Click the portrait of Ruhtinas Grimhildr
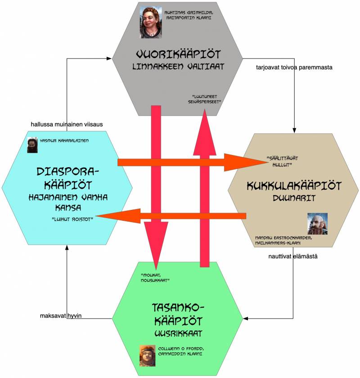tap(151, 22)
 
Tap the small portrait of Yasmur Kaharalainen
tap(32, 145)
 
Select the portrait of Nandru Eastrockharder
tap(317, 224)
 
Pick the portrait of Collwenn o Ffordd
tap(147, 355)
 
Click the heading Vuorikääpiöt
tap(179, 54)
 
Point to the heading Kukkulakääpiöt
tap(294, 186)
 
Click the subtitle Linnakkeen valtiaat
tap(179, 66)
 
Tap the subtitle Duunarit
tap(294, 198)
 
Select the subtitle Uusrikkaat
tap(179, 333)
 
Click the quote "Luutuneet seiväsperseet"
tap(204, 99)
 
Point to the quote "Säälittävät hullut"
tap(282, 162)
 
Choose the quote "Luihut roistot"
tap(72, 219)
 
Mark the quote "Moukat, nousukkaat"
tap(155, 278)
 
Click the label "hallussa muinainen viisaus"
tap(67, 124)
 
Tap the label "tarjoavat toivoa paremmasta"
tap(294, 67)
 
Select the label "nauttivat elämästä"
tap(293, 256)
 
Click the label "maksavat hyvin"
tap(61, 315)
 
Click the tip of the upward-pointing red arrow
tap(205, 109)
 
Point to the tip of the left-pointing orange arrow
tap(95, 216)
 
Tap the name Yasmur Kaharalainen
tap(64, 141)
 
